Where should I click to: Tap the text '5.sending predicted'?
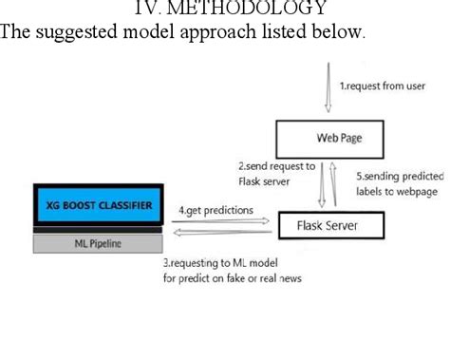click(396, 176)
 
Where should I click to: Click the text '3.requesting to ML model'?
click(218, 262)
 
